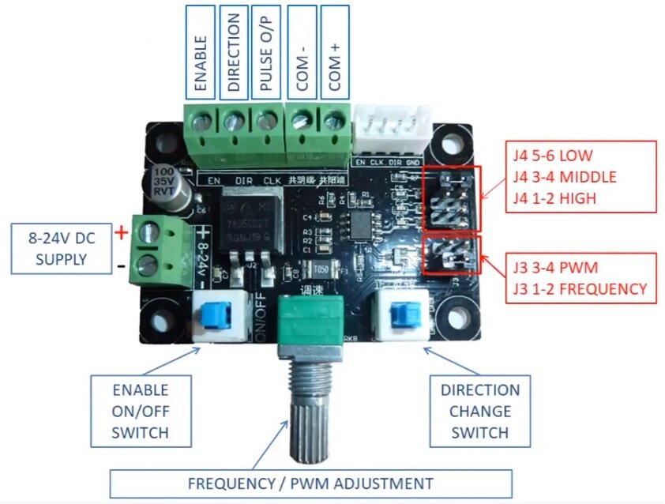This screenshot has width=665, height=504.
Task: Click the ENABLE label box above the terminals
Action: [201, 51]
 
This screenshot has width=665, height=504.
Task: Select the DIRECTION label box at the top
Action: [233, 51]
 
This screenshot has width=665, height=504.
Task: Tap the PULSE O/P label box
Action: [266, 51]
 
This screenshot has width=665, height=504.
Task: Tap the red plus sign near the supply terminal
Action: [121, 233]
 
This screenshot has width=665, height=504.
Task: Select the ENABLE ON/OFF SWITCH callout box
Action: [140, 411]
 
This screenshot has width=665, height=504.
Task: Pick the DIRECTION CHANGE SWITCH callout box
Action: [480, 411]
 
